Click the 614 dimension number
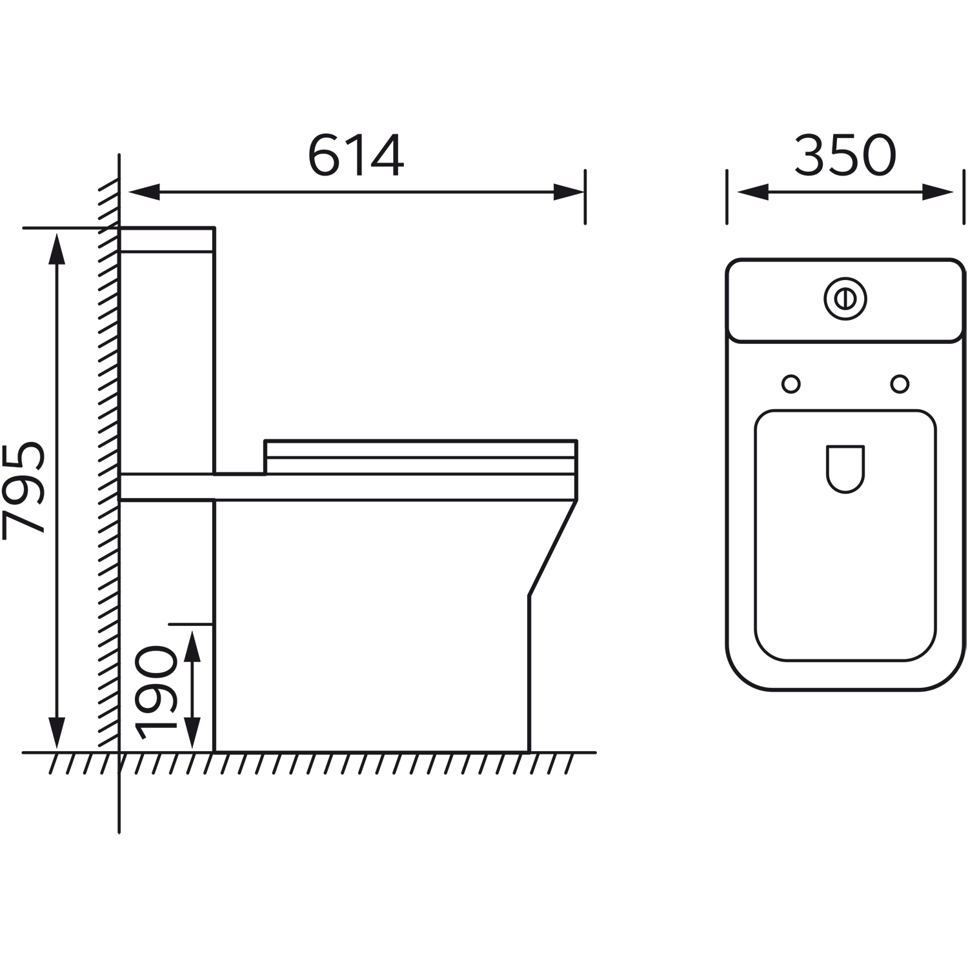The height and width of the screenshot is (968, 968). (356, 156)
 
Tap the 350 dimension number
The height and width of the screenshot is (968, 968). (845, 156)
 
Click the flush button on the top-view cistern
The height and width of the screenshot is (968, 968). (845, 299)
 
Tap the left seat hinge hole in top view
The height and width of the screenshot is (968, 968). (791, 384)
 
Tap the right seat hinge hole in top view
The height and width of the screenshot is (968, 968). (900, 384)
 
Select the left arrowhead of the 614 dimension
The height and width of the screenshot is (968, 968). (144, 192)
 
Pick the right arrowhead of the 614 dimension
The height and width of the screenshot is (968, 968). (569, 192)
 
